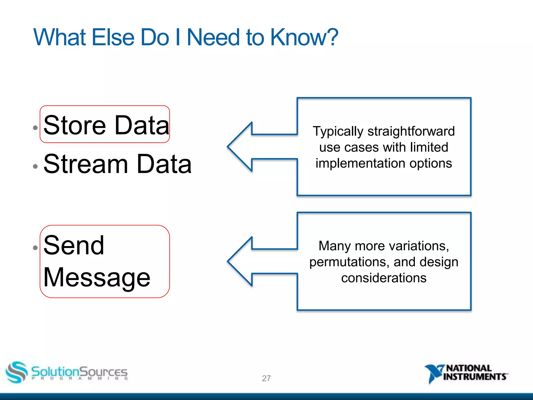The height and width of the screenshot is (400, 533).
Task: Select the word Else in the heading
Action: [x=113, y=37]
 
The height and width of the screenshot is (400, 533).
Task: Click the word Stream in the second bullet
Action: [x=86, y=164]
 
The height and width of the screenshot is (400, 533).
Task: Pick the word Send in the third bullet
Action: [x=74, y=245]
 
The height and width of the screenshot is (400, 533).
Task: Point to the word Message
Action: [x=97, y=278]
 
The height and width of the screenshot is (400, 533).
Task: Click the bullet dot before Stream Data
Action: [x=35, y=166]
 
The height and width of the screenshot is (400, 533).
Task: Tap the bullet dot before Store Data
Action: [x=35, y=128]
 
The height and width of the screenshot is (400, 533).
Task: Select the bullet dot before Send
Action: [x=35, y=248]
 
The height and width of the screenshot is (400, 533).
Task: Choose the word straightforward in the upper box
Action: [x=411, y=131]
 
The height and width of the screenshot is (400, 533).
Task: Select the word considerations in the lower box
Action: [x=384, y=278]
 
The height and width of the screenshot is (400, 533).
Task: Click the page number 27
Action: [x=266, y=378]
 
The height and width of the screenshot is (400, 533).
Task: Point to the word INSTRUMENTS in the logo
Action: [x=474, y=377]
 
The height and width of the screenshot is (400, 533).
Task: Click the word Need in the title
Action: [x=213, y=37]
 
